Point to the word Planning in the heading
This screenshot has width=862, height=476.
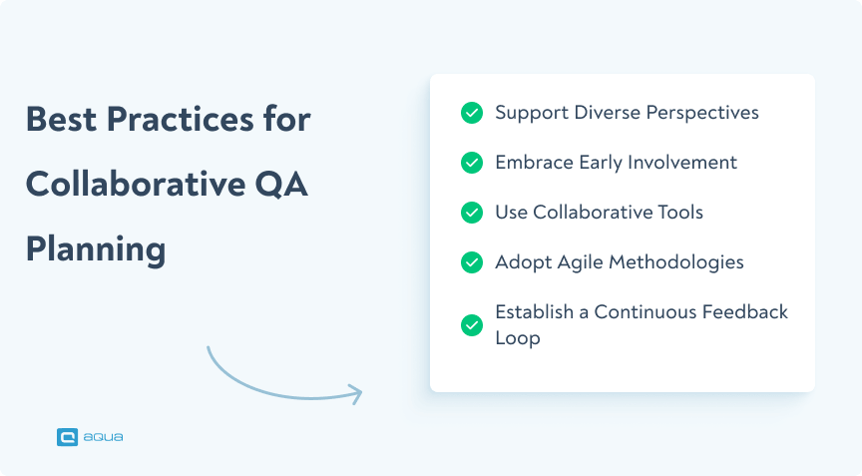point(96,249)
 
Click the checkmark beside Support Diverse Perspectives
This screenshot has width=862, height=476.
point(472,113)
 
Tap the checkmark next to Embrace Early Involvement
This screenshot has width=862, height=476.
point(472,163)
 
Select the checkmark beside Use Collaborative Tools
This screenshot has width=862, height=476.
point(472,213)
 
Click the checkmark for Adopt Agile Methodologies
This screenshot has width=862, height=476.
point(472,262)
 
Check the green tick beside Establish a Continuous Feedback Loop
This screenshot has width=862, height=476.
point(472,325)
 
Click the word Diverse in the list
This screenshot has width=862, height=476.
point(608,112)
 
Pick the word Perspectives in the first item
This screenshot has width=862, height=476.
point(702,113)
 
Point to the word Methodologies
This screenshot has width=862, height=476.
point(682,262)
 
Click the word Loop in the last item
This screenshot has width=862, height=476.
point(517,338)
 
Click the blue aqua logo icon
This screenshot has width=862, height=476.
point(68,436)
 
